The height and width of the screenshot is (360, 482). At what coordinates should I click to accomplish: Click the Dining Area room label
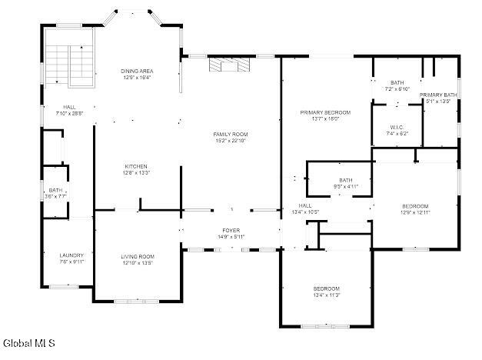tap(136, 71)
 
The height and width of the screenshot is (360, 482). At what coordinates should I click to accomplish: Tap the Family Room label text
tap(231, 134)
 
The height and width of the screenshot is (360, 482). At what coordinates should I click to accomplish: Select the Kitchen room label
tap(136, 166)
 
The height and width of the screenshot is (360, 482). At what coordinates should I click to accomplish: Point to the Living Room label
tap(138, 256)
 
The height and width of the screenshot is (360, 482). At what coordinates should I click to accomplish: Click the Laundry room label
tap(71, 255)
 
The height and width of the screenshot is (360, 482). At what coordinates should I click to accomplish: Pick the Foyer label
tap(231, 230)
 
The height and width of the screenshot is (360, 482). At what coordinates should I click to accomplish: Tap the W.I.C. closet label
tap(397, 127)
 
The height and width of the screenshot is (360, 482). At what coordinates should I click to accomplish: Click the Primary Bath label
tap(437, 95)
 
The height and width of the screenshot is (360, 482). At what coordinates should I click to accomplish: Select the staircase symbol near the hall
tap(69, 65)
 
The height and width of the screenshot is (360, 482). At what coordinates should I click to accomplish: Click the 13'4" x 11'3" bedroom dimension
tap(326, 295)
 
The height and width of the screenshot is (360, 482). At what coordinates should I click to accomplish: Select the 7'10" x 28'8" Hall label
tap(69, 113)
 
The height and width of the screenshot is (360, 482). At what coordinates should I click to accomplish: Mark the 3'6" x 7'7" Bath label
tap(55, 196)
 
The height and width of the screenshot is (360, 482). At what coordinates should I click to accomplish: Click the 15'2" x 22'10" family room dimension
tap(231, 141)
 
